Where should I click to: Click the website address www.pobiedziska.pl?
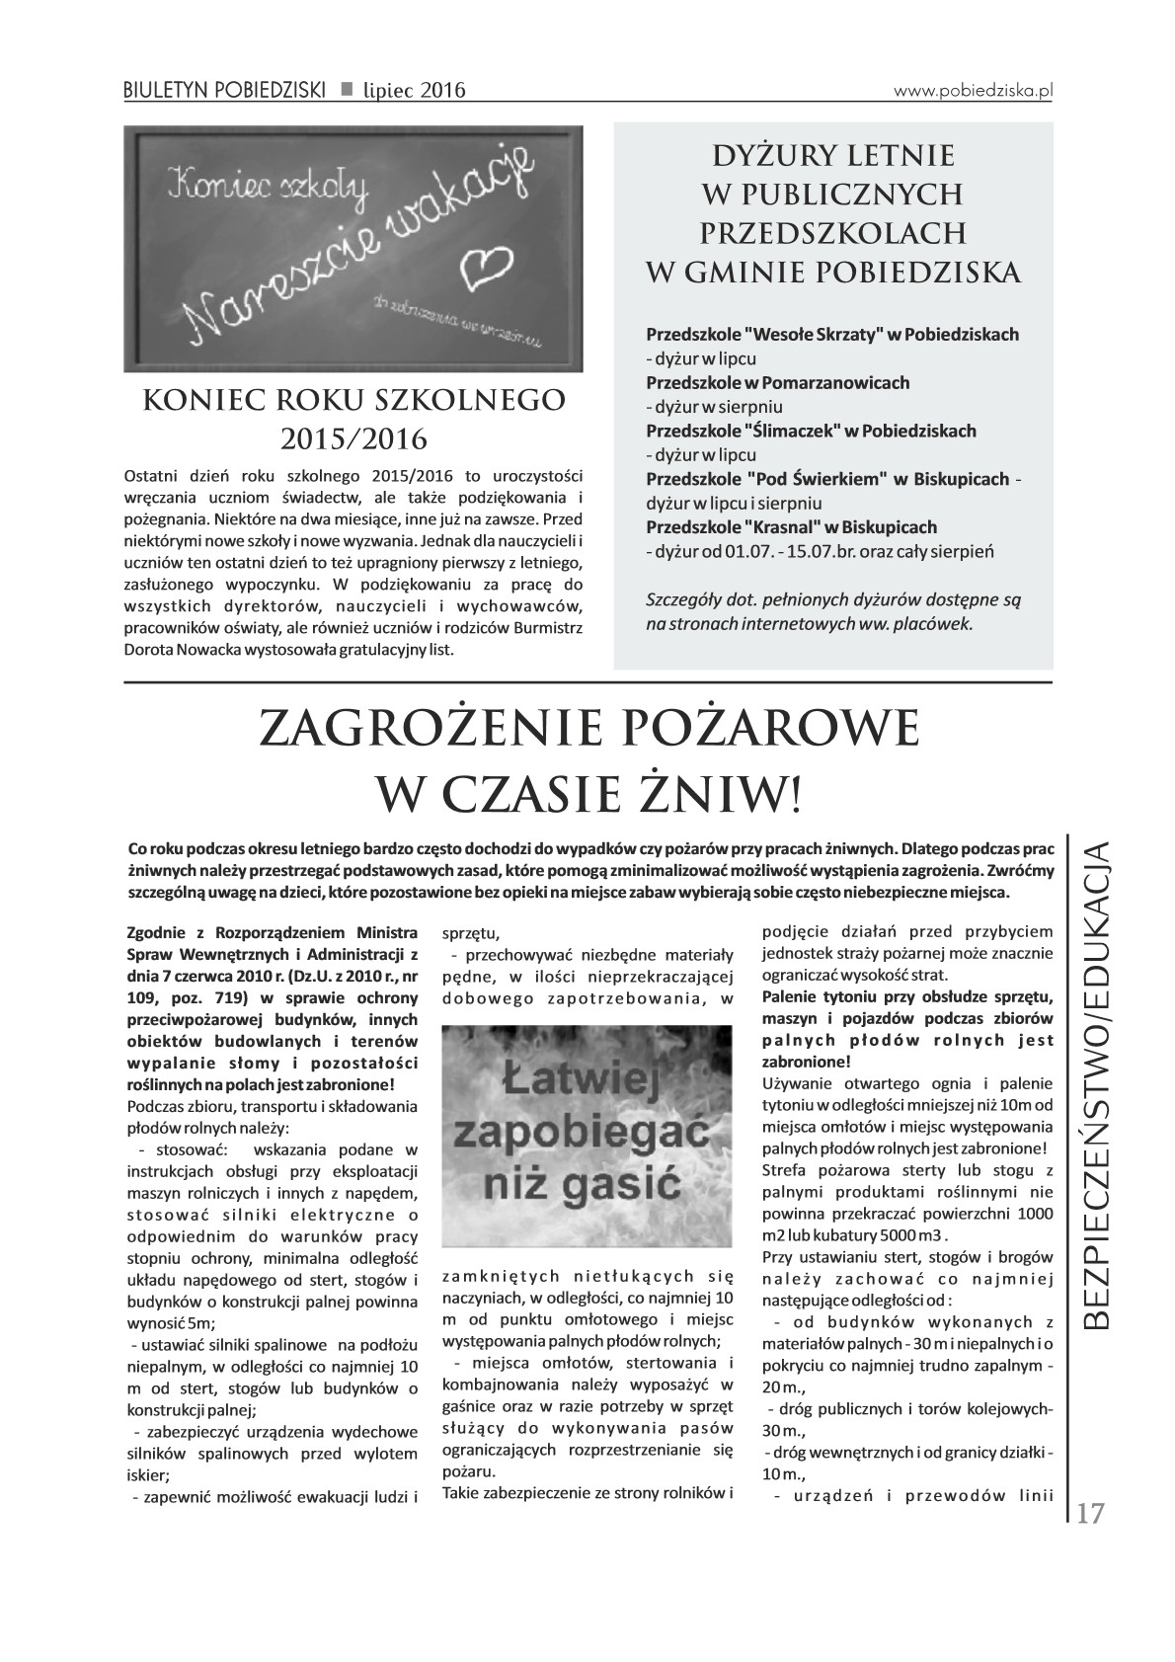pyautogui.click(x=974, y=89)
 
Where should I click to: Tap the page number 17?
pyautogui.click(x=1090, y=1513)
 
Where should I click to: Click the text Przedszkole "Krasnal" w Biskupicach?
pyautogui.click(x=791, y=526)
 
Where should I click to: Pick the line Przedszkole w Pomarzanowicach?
pyautogui.click(x=777, y=381)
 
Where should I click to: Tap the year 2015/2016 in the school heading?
pyautogui.click(x=353, y=436)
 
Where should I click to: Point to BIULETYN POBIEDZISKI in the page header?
pyautogui.click(x=224, y=91)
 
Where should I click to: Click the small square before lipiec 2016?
pyautogui.click(x=347, y=90)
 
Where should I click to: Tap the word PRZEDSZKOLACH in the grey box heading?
pyautogui.click(x=832, y=232)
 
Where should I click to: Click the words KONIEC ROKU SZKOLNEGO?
pyautogui.click(x=353, y=399)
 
